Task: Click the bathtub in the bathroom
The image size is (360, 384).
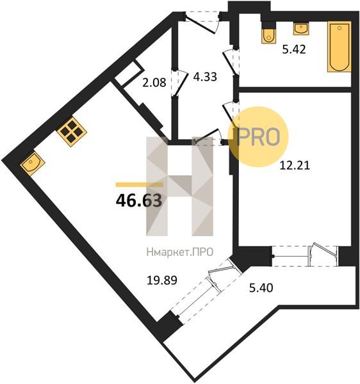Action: (x=340, y=47)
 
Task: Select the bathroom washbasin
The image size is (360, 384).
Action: (x=301, y=28)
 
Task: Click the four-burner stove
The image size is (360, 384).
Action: (x=72, y=132)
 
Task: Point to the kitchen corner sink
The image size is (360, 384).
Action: (x=32, y=163)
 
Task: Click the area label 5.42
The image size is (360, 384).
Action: (x=294, y=49)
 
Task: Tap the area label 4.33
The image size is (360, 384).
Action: (x=205, y=77)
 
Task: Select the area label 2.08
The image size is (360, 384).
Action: (x=154, y=83)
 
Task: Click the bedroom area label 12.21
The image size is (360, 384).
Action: (x=295, y=166)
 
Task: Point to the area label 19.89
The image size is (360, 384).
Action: (x=161, y=280)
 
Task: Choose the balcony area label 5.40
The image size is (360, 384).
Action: (x=261, y=288)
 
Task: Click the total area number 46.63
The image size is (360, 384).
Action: (x=139, y=200)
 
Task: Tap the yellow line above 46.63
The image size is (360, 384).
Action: (x=140, y=184)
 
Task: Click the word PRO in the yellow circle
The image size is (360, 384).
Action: (x=259, y=137)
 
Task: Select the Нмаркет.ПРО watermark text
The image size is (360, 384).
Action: (x=180, y=252)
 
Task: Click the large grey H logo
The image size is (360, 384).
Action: (x=179, y=186)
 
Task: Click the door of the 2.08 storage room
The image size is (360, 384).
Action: (x=179, y=83)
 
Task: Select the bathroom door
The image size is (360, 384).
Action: (x=231, y=61)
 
